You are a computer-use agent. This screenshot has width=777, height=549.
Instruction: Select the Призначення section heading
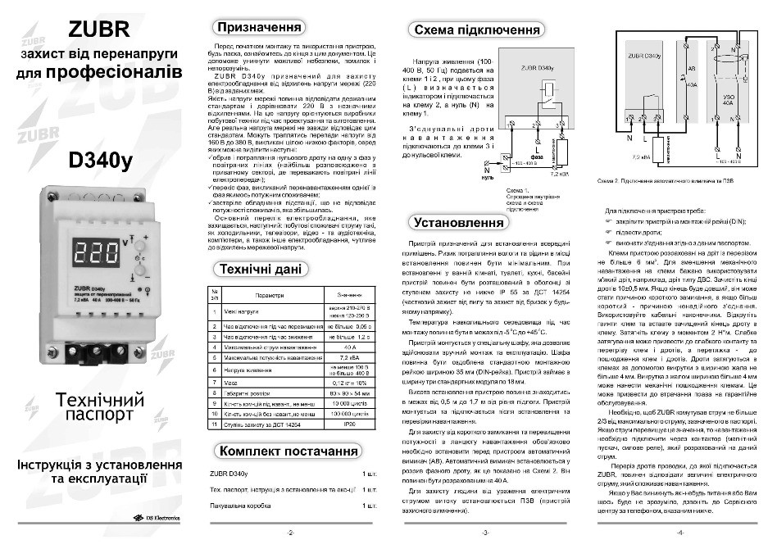click(255, 27)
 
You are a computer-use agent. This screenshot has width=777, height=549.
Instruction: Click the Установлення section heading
click(458, 221)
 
